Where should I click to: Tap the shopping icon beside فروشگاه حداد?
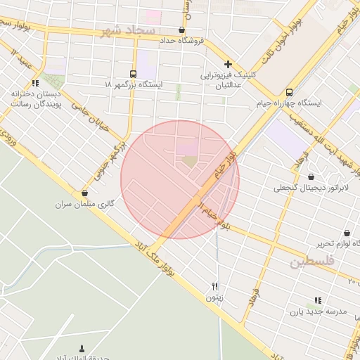[x=182, y=30]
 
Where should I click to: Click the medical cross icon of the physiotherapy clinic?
[x=228, y=64]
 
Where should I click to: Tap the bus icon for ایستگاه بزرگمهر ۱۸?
[x=134, y=73]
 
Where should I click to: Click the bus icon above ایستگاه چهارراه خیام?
[x=290, y=92]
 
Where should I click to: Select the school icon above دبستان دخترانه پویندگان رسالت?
[x=35, y=83]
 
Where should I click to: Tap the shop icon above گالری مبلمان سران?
[x=85, y=193]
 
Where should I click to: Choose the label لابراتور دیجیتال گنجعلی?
[x=310, y=188]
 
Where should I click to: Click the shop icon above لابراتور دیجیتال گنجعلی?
[x=311, y=176]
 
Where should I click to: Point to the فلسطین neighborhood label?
[x=313, y=262]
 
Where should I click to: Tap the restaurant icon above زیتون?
[x=214, y=286]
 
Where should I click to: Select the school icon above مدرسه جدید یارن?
[x=318, y=300]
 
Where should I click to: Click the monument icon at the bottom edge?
[x=82, y=349]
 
